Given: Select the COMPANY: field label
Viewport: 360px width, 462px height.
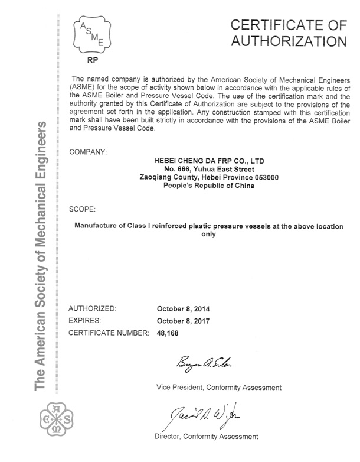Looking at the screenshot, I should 88,152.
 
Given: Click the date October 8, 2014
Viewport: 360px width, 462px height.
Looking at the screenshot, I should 184,309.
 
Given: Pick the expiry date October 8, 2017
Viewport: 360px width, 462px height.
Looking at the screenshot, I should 184,321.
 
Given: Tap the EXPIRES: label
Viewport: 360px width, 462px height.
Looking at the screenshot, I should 86,321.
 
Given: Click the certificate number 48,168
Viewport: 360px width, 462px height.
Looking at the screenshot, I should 168,334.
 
